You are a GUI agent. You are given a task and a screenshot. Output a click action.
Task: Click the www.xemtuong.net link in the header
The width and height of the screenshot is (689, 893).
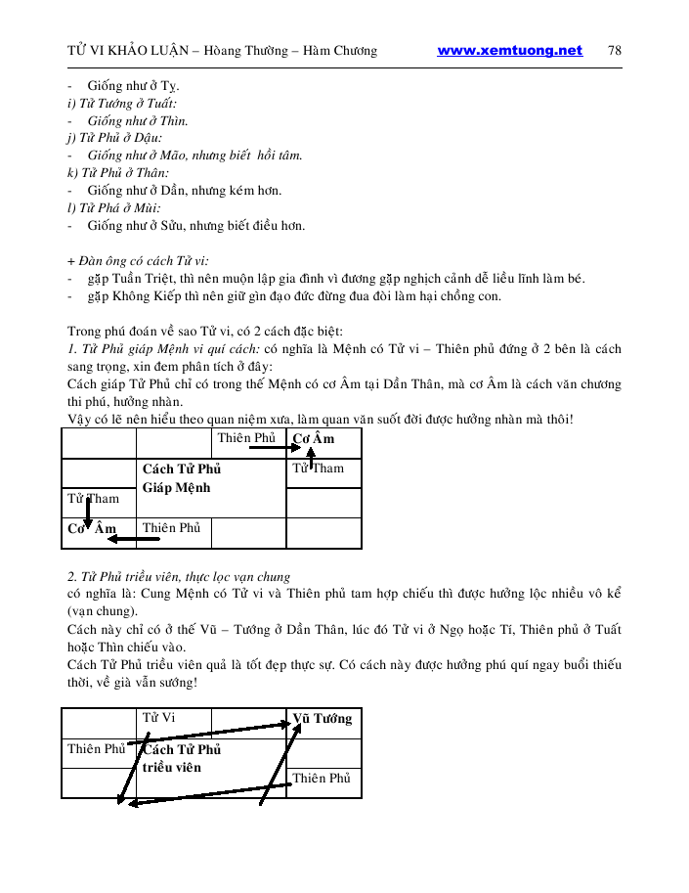[x=509, y=51]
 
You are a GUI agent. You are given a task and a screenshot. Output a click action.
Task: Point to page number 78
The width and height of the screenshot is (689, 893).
[x=615, y=51]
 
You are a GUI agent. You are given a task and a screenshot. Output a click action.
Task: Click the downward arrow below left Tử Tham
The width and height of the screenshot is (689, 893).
[x=88, y=513]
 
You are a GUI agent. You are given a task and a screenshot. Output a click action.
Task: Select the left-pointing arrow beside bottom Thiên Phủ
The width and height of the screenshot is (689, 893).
[x=124, y=537]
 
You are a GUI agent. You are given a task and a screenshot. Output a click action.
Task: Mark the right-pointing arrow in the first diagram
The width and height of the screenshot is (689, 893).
[x=269, y=446]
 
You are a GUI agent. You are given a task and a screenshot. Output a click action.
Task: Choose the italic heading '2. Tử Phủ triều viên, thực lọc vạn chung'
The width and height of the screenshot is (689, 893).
[x=179, y=576]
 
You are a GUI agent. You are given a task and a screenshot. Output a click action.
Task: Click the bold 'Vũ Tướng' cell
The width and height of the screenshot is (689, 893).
[x=323, y=719]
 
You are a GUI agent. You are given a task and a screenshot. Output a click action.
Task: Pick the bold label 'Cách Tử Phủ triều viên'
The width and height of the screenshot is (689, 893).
[x=183, y=758]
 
